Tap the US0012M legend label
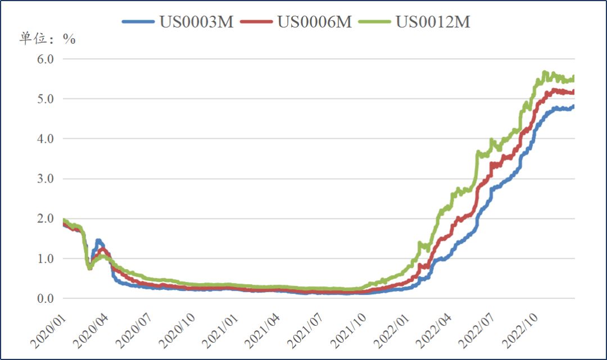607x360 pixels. pyautogui.click(x=433, y=22)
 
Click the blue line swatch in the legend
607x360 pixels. pyautogui.click(x=138, y=22)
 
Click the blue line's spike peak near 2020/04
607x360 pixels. pyautogui.click(x=98, y=241)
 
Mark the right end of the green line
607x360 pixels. pyautogui.click(x=573, y=77)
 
